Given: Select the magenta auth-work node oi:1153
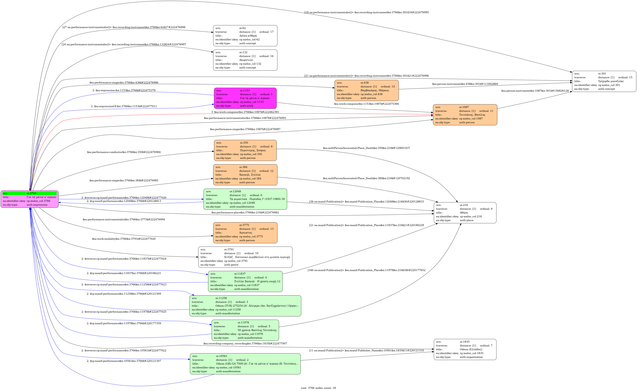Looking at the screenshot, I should click(x=245, y=98).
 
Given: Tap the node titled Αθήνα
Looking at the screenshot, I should click(x=465, y=213).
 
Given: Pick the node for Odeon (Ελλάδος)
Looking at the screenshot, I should click(x=465, y=349).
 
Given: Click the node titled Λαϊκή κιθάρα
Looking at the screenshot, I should click(x=245, y=36).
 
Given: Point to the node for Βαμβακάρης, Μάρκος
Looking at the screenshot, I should click(x=366, y=90).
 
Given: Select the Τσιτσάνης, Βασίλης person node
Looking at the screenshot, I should click(x=465, y=115).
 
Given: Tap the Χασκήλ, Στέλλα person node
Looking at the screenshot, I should click(x=245, y=175).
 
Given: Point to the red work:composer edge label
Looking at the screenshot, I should click(x=245, y=112).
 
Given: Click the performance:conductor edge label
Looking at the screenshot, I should click(x=124, y=152).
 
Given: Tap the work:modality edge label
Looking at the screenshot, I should click(x=124, y=239).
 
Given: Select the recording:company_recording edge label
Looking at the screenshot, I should click(x=245, y=344).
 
